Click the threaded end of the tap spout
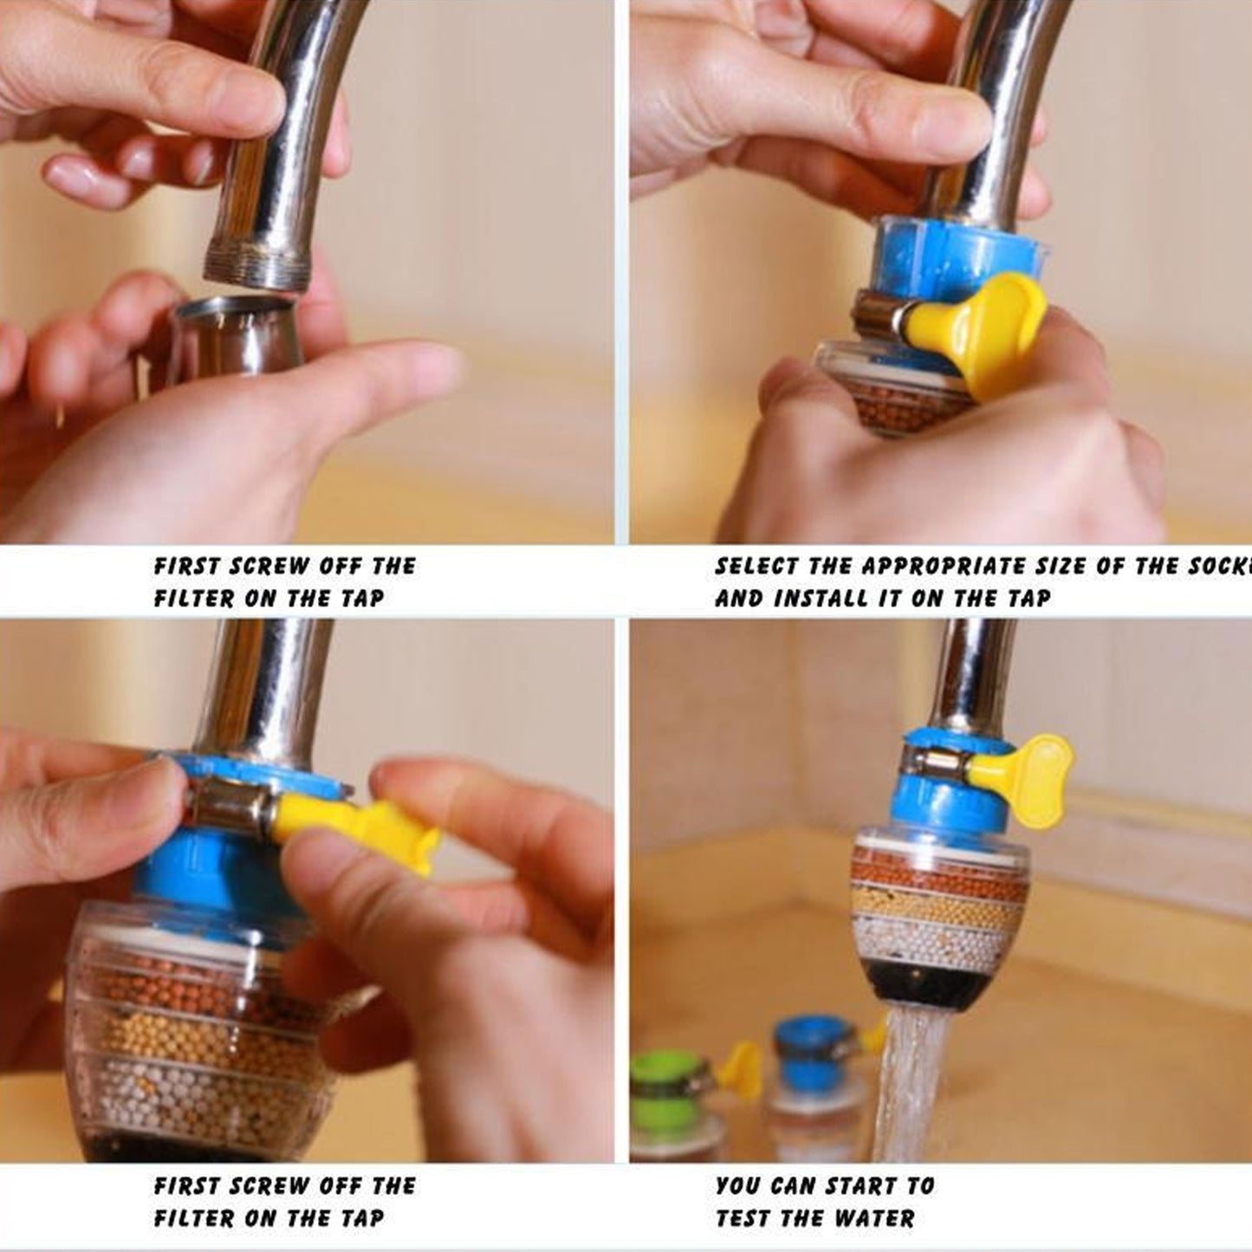257,263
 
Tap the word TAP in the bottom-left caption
361,1219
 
